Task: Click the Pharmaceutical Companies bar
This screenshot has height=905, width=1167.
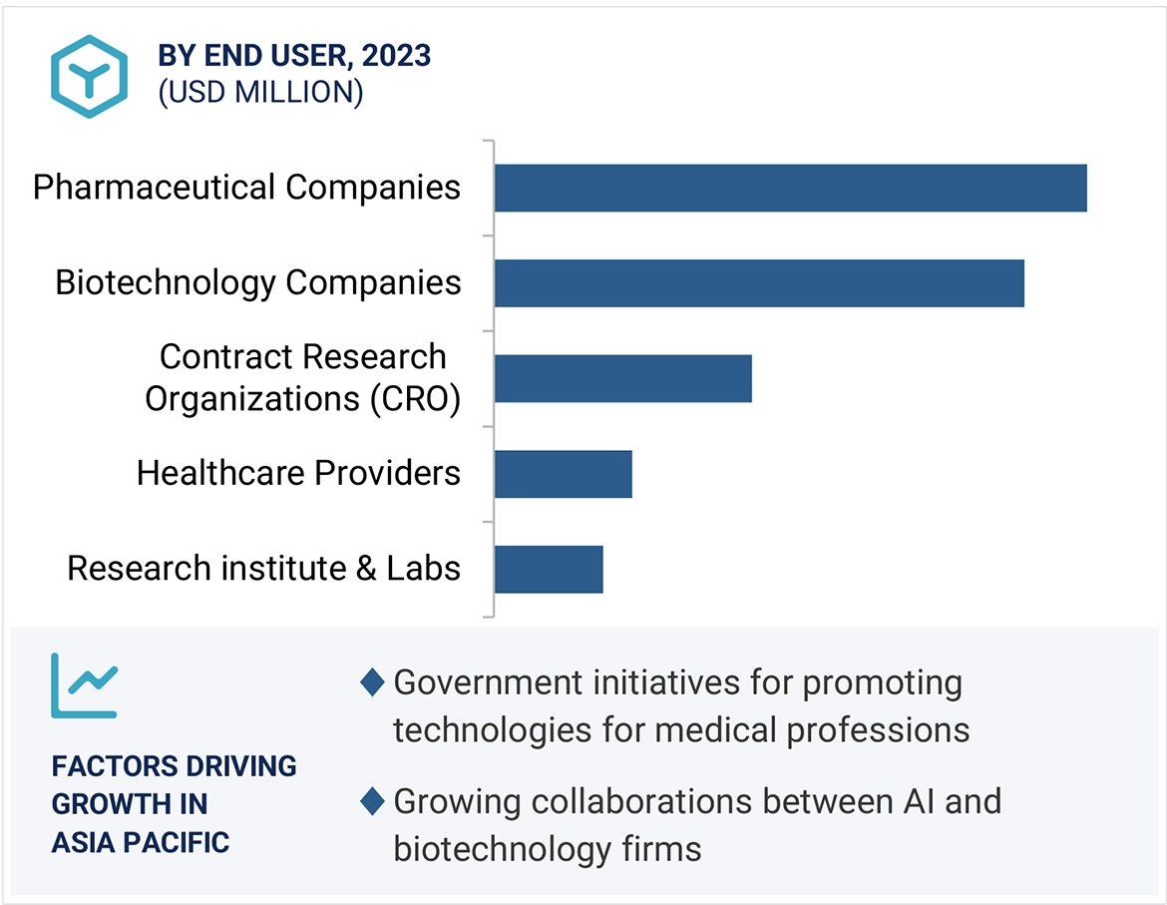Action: pyautogui.click(x=790, y=188)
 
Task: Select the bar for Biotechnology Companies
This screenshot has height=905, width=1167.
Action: pyautogui.click(x=759, y=282)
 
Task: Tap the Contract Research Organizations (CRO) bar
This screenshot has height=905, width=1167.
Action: pyautogui.click(x=622, y=378)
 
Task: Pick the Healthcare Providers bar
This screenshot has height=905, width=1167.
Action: pyautogui.click(x=563, y=473)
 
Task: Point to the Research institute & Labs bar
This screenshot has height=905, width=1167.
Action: pyautogui.click(x=549, y=569)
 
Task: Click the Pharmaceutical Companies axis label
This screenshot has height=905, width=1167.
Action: pyautogui.click(x=246, y=188)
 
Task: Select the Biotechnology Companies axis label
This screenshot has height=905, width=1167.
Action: pyautogui.click(x=258, y=282)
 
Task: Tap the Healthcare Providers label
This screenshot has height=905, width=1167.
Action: pyautogui.click(x=298, y=473)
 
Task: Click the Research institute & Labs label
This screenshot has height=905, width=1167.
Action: pyautogui.click(x=263, y=569)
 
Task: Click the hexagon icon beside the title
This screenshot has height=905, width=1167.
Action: pyautogui.click(x=90, y=77)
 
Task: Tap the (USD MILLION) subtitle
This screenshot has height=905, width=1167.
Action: pyautogui.click(x=260, y=92)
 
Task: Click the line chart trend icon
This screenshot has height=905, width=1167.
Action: pyautogui.click(x=85, y=685)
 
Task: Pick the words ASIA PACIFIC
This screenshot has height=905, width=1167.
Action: pyautogui.click(x=141, y=842)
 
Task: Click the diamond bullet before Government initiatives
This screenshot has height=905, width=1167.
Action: pyautogui.click(x=372, y=683)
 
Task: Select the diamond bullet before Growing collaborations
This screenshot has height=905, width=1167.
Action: pyautogui.click(x=372, y=801)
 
